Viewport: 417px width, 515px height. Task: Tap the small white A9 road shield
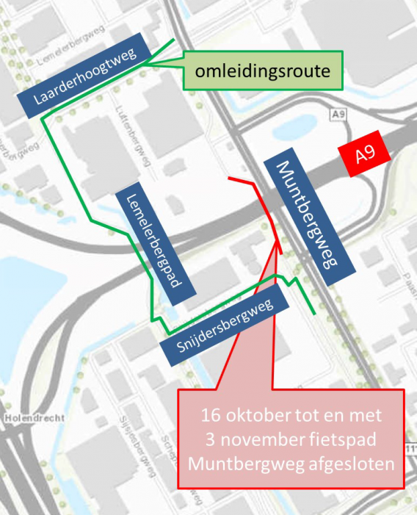(x=338, y=115)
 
